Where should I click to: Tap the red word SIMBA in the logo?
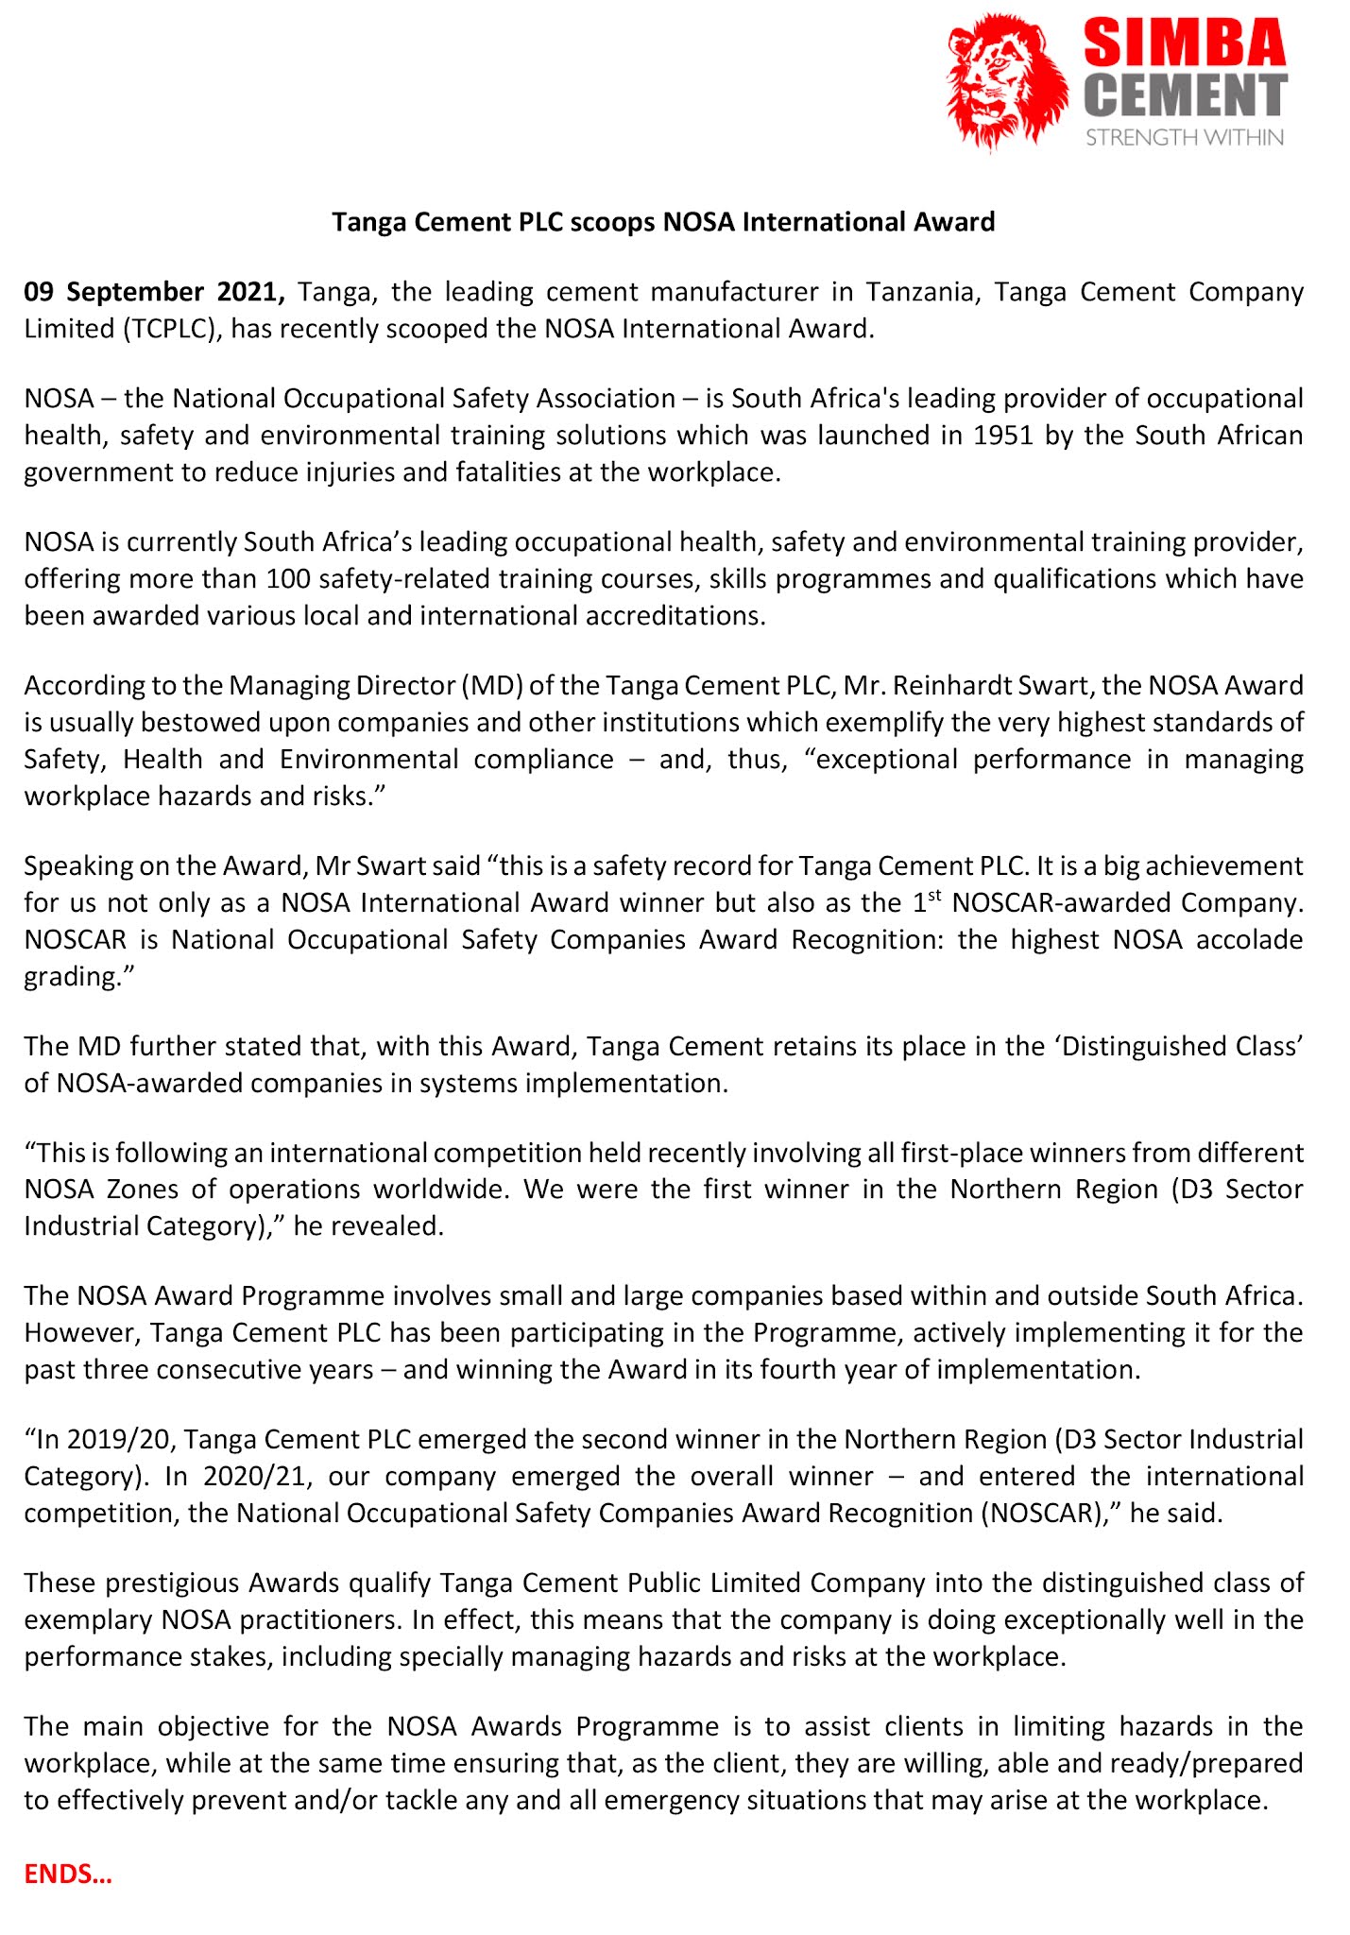tap(1185, 43)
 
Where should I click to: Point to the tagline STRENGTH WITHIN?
tap(1184, 138)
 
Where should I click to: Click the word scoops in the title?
tap(610, 222)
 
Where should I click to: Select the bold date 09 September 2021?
tap(154, 292)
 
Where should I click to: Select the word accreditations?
tap(675, 616)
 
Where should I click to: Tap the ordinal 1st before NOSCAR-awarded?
tap(926, 901)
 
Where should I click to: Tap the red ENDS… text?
tap(68, 1875)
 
